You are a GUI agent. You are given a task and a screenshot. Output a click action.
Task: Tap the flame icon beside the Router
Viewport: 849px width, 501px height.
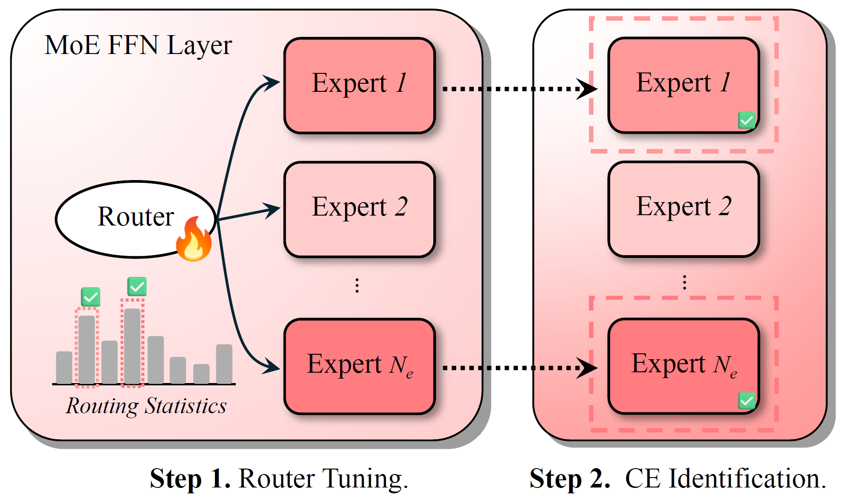194,239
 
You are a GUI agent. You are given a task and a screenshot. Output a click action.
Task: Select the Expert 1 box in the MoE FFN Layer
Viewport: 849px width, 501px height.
359,86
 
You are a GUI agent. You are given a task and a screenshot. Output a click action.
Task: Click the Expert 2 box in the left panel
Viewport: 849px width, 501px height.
359,209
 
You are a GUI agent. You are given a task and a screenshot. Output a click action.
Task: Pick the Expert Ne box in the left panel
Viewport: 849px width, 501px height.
359,366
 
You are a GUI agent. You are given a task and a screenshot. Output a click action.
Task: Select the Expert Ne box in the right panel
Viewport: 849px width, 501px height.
683,366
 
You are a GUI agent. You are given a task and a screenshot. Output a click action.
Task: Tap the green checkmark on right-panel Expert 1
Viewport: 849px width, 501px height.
746,121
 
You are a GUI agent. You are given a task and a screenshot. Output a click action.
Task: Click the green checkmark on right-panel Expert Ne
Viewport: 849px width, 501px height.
746,400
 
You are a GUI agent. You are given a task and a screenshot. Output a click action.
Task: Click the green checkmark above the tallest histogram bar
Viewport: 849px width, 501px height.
137,287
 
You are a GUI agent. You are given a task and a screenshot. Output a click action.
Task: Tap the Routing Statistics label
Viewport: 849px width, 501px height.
146,406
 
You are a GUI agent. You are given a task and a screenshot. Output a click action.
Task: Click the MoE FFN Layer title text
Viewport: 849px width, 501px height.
138,45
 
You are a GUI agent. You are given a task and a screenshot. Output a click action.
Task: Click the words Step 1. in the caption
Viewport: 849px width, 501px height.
190,478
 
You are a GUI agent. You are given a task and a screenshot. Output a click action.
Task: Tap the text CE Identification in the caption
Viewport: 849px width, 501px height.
725,478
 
